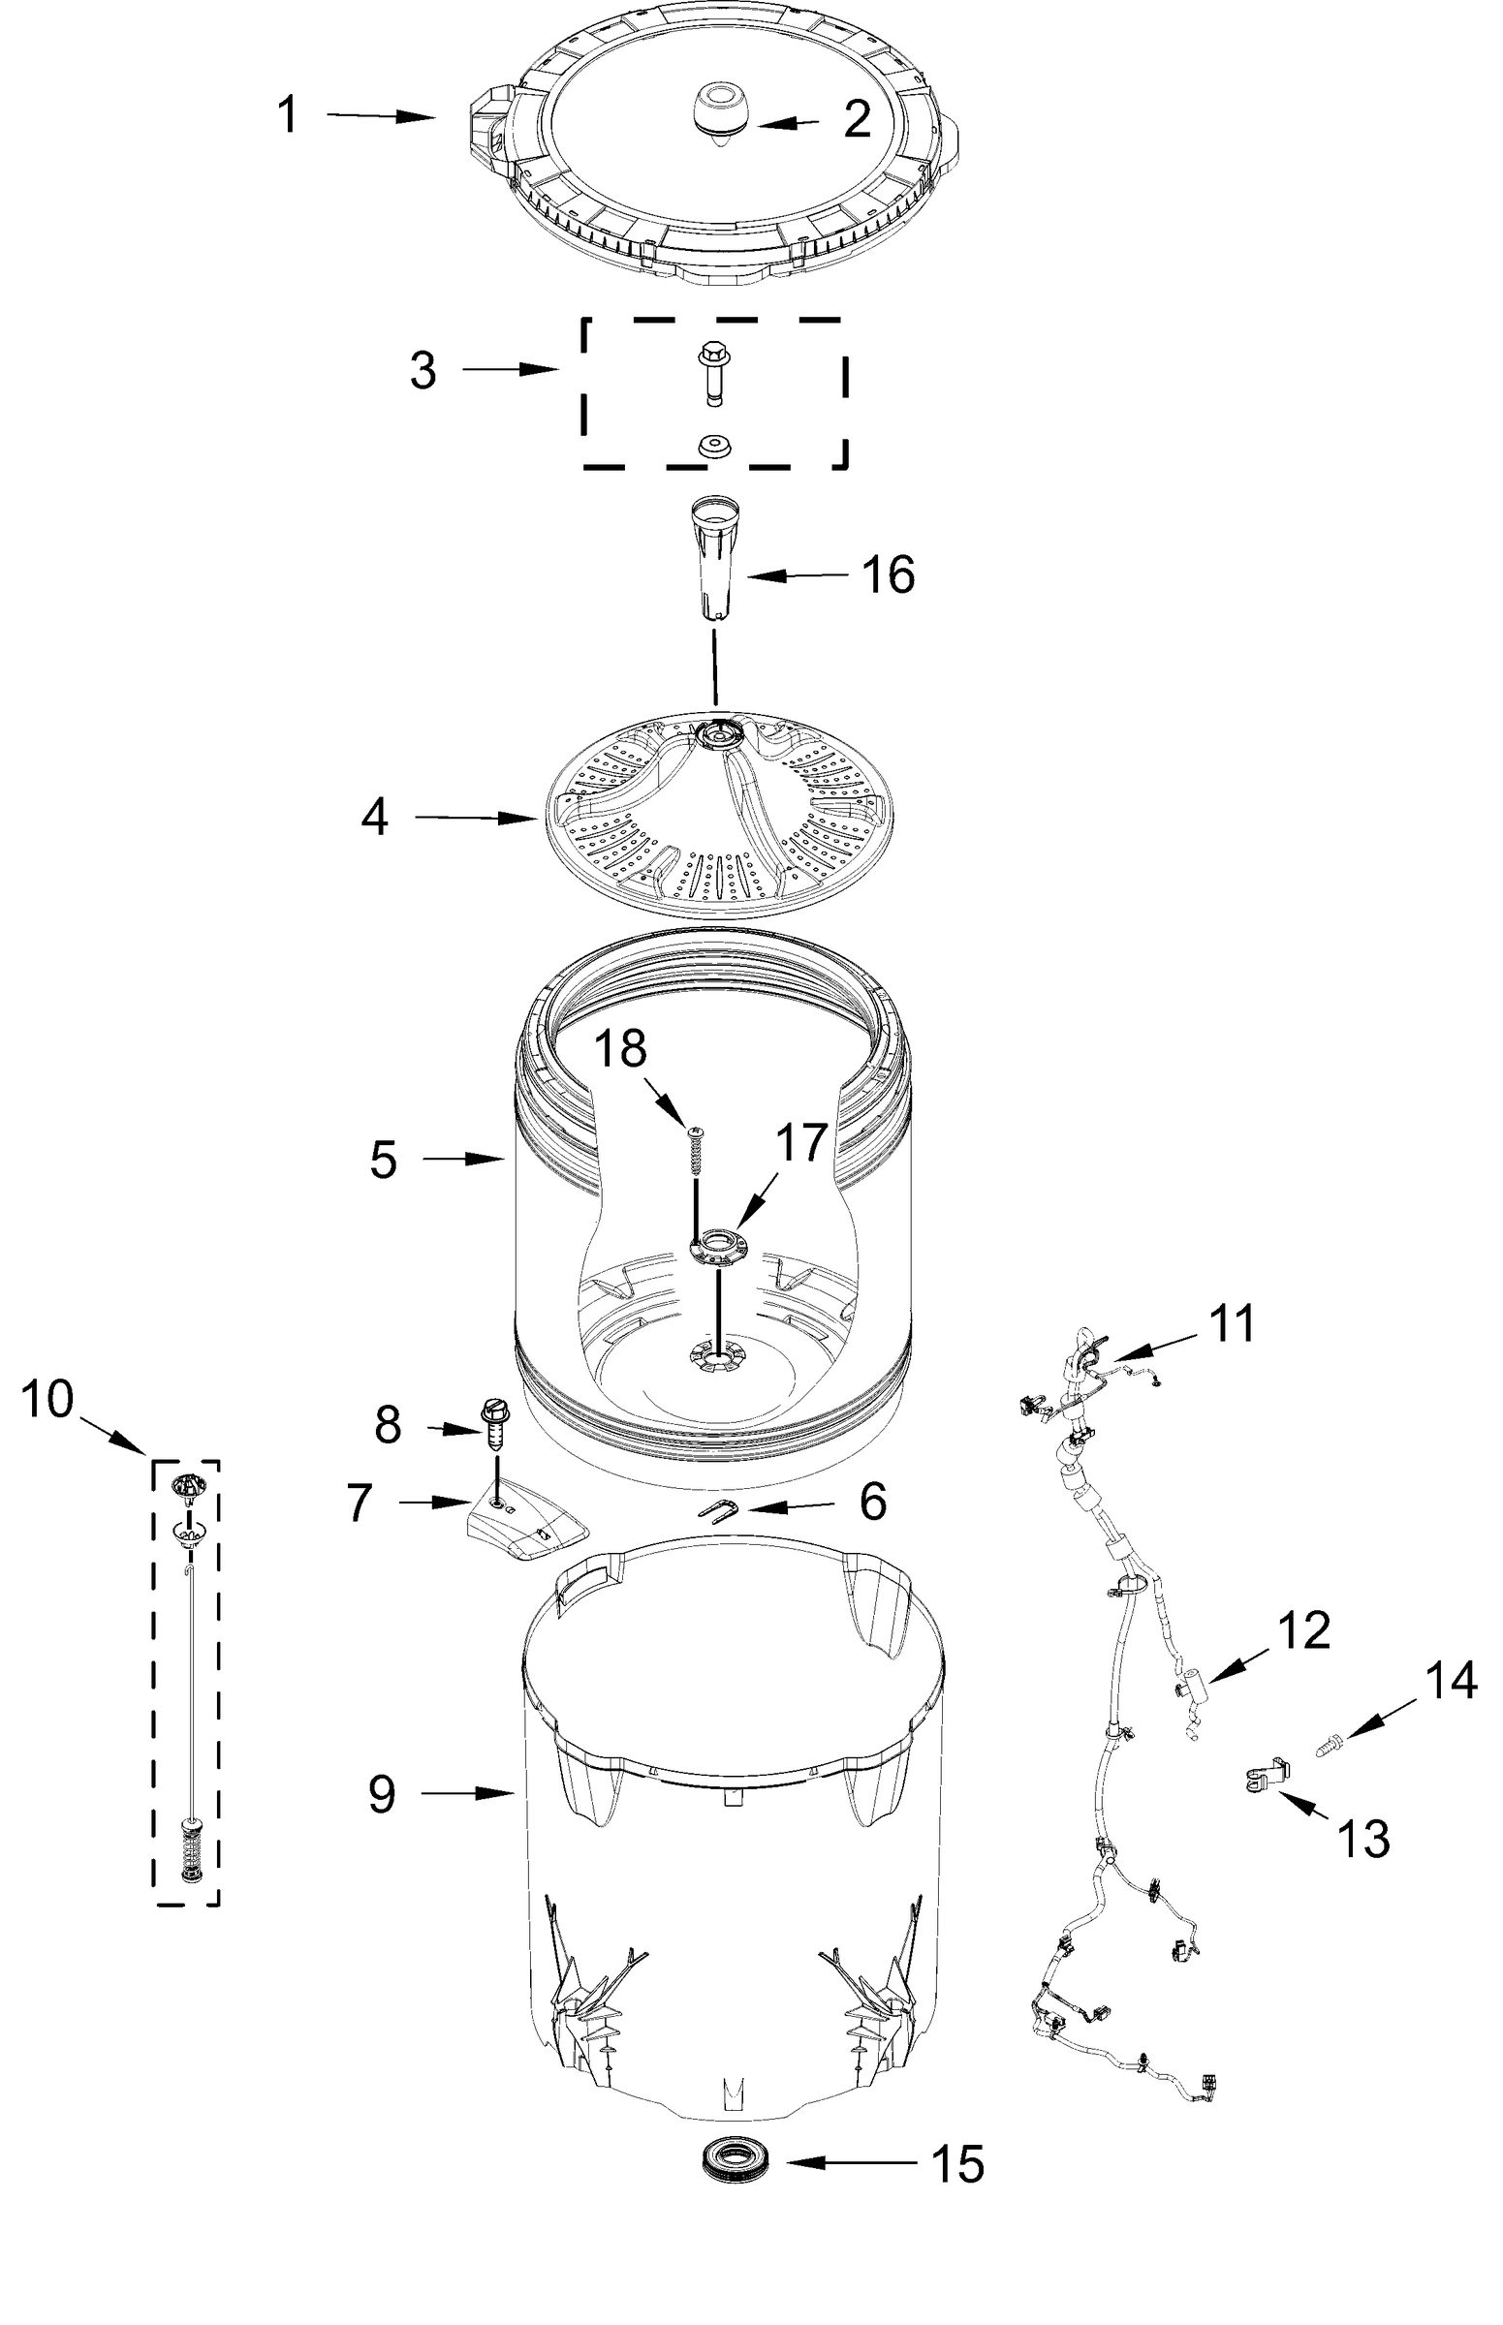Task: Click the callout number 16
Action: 887,574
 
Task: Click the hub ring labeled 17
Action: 717,1246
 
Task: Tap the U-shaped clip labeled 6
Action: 717,1509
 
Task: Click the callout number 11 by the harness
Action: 1232,1325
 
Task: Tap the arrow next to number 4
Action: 473,819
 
